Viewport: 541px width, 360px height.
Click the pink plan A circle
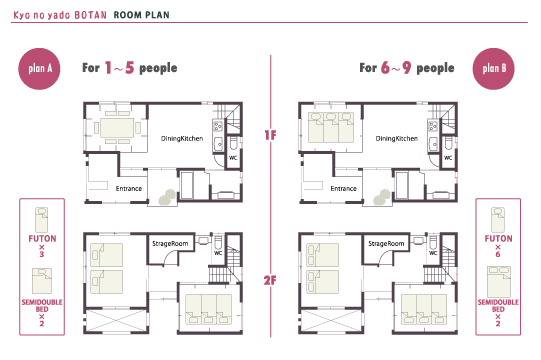click(x=39, y=69)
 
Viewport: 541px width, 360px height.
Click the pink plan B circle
click(x=493, y=69)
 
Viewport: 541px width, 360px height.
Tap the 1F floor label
click(x=270, y=135)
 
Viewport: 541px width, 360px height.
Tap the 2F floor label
click(x=270, y=280)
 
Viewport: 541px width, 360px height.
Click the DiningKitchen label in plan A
click(x=182, y=138)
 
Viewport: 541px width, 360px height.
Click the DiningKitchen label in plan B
click(x=396, y=138)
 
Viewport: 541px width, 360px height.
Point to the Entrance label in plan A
click(x=129, y=188)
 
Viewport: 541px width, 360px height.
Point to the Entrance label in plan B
click(x=343, y=188)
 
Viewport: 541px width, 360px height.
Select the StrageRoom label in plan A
click(x=170, y=244)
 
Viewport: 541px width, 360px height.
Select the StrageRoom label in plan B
click(x=386, y=244)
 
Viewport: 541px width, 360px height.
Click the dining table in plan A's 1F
click(x=117, y=128)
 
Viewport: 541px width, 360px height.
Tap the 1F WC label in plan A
click(x=233, y=158)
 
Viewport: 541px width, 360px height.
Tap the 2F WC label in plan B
click(x=433, y=253)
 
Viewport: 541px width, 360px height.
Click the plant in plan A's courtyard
click(x=167, y=197)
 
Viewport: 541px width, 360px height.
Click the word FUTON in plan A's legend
click(x=42, y=239)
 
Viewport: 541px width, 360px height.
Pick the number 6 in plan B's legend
click(x=498, y=254)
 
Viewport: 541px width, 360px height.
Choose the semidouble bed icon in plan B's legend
click(x=498, y=282)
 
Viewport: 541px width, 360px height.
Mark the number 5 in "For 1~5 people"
click(x=129, y=68)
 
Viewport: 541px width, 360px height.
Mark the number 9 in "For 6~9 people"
click(x=407, y=68)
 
